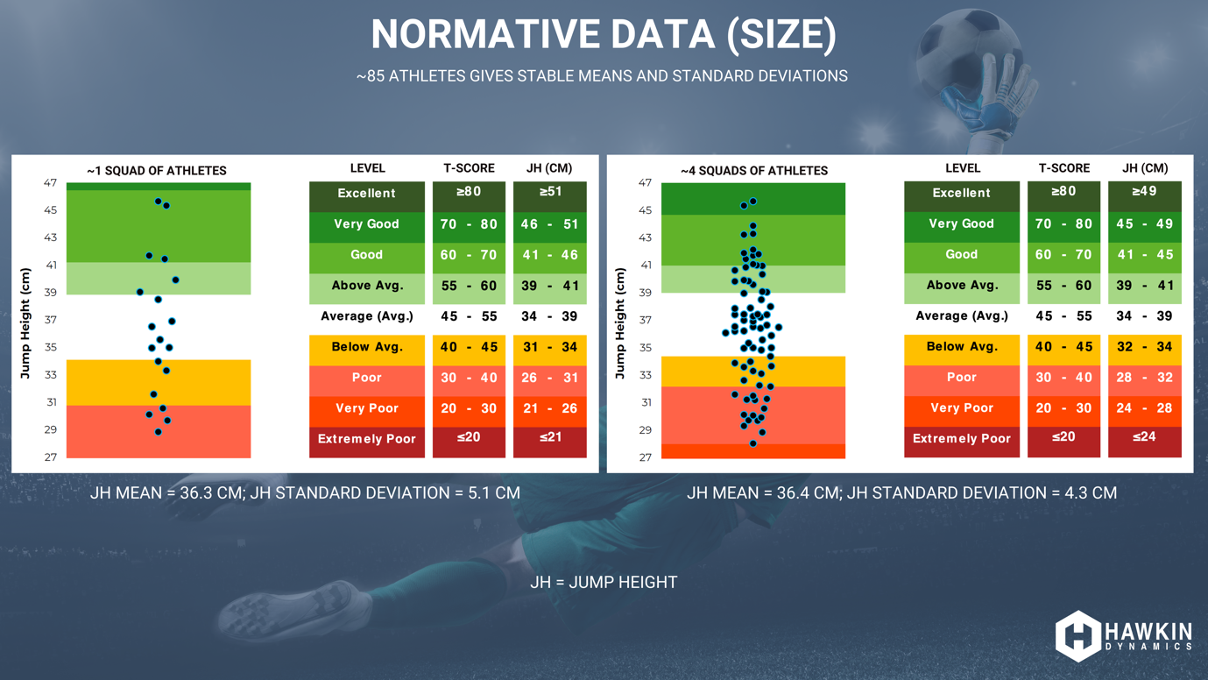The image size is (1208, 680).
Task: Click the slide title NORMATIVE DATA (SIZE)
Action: coord(604,35)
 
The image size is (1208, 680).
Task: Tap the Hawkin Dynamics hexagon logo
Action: coord(1077,635)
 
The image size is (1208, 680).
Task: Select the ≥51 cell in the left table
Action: coord(549,192)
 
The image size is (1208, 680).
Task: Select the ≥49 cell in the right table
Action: coord(1144,192)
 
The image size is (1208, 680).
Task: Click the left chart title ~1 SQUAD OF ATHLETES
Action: coord(157,171)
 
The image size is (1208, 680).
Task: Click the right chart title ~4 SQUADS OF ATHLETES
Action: coord(753,171)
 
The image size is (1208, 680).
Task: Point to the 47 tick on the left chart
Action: coord(50,183)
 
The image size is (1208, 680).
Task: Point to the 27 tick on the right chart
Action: coord(645,457)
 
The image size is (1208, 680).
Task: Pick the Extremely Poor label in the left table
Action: coord(366,439)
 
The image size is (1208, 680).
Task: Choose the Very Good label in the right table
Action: coord(961,224)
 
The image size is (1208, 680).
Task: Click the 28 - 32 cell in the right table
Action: coord(1144,378)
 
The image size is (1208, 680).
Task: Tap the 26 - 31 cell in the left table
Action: coord(549,378)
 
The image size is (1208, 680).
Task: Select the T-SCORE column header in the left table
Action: coord(469,168)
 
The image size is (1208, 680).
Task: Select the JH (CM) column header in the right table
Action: coord(1144,168)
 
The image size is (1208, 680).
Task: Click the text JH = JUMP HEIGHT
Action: coord(604,583)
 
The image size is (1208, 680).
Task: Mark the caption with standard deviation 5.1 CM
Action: coord(305,493)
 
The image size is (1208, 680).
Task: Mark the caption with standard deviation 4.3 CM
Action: coord(901,493)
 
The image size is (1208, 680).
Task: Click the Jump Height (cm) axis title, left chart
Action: coord(25,323)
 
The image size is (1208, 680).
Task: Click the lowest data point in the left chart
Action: coord(159,432)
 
